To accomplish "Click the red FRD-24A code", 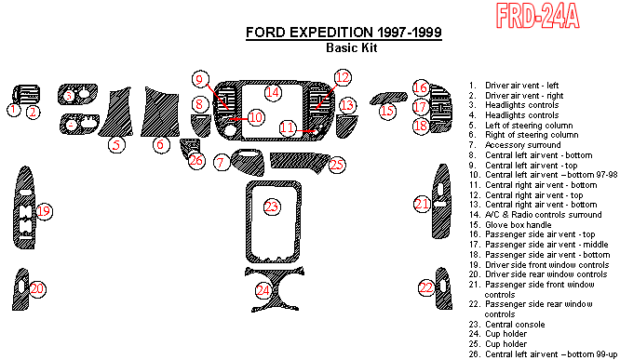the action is tap(538, 16).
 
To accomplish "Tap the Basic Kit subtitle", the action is tap(352, 47).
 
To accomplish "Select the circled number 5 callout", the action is tap(116, 144).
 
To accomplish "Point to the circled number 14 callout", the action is tap(273, 93).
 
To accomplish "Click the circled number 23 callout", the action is tap(272, 207).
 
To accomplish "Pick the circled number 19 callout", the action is tap(44, 211).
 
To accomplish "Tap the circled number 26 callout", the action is tap(196, 160).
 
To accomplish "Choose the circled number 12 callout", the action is tap(343, 77).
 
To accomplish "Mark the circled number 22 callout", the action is tap(426, 287).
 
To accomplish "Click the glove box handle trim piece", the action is tap(388, 98).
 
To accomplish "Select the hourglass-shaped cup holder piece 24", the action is tap(274, 289).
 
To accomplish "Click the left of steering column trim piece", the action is tap(116, 113).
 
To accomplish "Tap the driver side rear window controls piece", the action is tap(20, 289).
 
